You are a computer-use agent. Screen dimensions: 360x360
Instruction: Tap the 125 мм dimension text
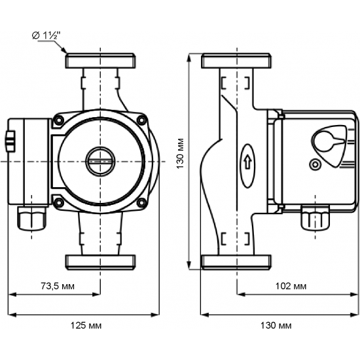tap(84, 325)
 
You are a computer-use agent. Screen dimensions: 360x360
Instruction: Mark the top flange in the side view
tap(236, 61)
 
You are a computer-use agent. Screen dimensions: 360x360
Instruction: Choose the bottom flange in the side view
tap(236, 261)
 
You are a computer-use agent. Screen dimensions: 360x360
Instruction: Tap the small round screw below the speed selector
tap(317, 164)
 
